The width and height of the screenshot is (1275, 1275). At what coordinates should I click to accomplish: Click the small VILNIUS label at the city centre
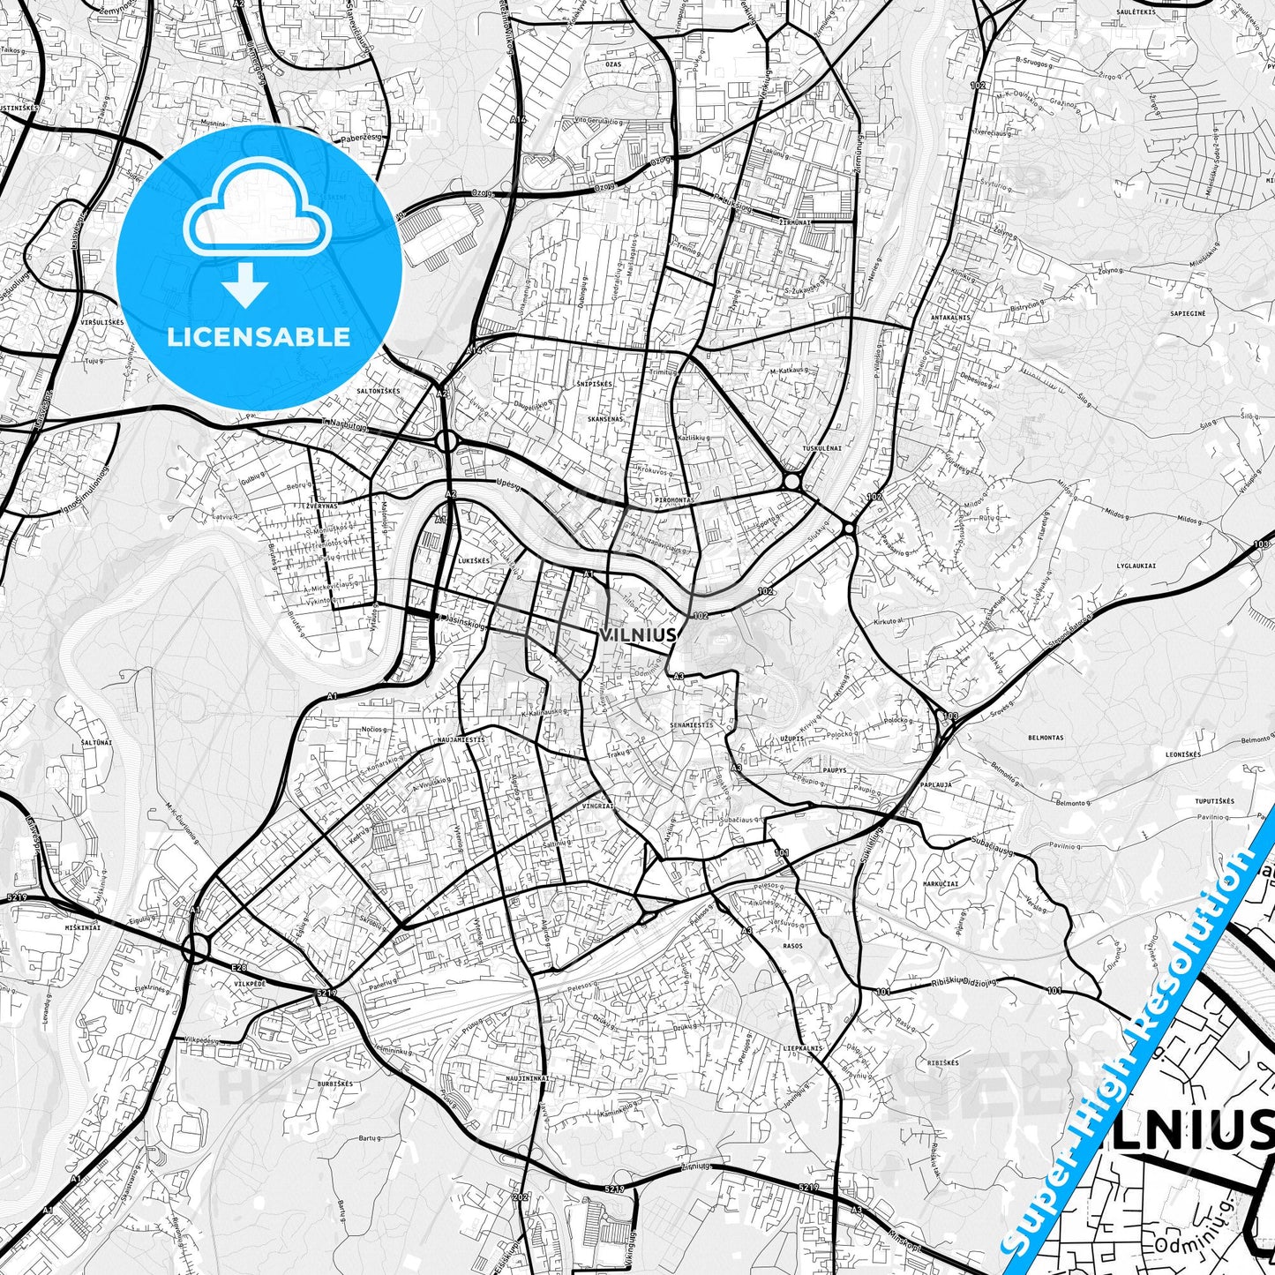[638, 634]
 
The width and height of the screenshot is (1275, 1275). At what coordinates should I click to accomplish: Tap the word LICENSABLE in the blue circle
[259, 336]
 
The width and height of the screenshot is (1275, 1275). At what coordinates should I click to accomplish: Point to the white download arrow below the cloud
[245, 284]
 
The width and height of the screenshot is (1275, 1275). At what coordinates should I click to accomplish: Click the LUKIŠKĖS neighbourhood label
[474, 560]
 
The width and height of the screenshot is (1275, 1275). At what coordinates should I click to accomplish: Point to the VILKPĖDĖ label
[251, 982]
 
